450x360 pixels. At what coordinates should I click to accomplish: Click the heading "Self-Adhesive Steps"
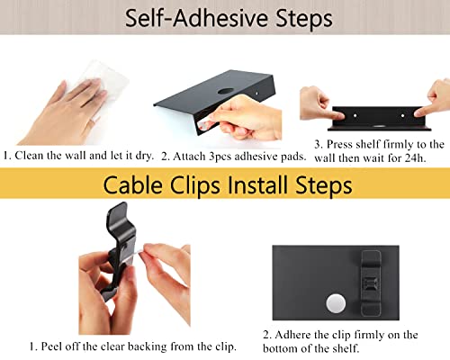[x=225, y=18]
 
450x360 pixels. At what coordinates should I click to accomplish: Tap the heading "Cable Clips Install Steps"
[x=225, y=185]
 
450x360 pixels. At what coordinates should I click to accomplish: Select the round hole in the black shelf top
[x=222, y=93]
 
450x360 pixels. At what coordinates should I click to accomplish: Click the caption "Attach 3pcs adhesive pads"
[x=234, y=156]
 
